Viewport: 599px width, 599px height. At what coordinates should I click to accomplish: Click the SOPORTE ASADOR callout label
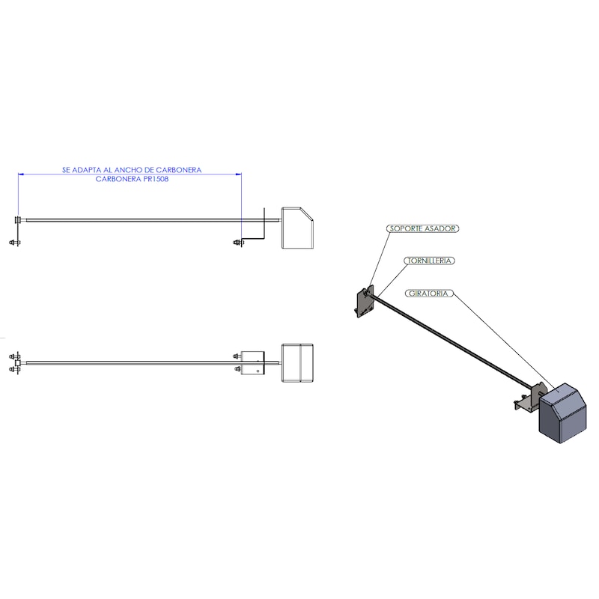[x=422, y=228]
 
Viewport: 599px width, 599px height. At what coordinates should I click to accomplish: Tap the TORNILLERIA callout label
[x=428, y=261]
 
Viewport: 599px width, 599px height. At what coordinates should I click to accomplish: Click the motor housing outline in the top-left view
[x=297, y=228]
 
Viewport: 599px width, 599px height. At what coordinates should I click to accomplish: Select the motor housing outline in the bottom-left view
[x=297, y=362]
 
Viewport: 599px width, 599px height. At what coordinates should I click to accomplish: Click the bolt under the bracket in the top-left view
[x=238, y=242]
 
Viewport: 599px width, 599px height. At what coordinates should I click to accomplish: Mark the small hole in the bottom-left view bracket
[x=258, y=371]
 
